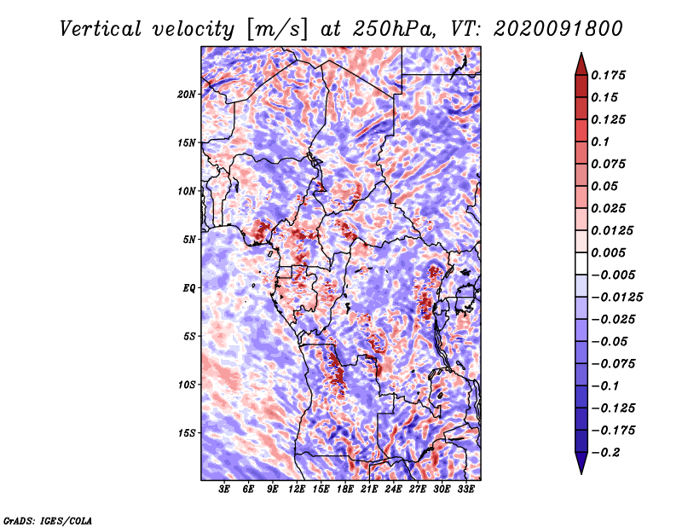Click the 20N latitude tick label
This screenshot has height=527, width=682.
187,95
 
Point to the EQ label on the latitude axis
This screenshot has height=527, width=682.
189,288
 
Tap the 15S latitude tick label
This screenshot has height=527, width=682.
187,433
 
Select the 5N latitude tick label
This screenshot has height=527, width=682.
189,240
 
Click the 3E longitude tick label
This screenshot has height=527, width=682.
224,489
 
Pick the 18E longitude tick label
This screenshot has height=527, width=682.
345,489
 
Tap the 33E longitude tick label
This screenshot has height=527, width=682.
465,489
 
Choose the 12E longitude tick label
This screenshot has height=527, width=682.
297,489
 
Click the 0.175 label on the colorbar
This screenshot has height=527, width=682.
609,75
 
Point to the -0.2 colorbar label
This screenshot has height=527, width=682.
605,453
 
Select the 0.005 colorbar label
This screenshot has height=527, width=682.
609,252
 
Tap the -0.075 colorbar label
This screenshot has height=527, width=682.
613,364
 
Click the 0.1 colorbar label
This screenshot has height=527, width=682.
600,142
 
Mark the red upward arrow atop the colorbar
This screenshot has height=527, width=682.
581,64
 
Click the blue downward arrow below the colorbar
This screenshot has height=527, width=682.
581,463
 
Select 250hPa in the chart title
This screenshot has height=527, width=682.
394,29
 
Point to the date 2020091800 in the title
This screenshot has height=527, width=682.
558,29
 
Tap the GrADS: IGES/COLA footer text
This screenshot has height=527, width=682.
48,521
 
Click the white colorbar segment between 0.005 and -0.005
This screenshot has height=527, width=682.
581,263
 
